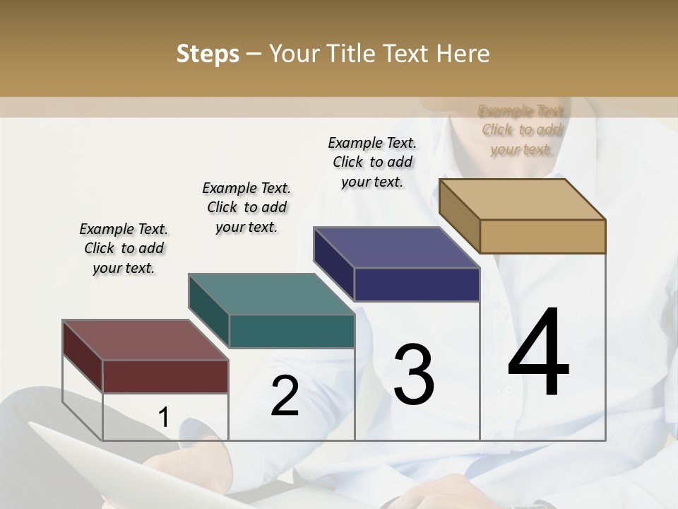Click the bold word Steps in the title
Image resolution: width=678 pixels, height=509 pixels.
(x=208, y=54)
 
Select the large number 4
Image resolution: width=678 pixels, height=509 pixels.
(x=538, y=353)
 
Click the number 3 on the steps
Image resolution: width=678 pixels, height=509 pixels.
(x=414, y=374)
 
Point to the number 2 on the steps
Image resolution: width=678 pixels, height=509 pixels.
(x=285, y=397)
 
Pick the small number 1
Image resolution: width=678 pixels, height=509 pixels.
(x=164, y=418)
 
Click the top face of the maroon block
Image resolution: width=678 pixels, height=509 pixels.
(x=145, y=340)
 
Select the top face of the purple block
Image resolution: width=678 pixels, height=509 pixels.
(x=396, y=247)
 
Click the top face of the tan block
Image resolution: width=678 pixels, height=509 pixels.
(x=522, y=199)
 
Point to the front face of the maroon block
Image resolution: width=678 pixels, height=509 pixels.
(x=165, y=376)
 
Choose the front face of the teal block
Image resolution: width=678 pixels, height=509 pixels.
(x=292, y=331)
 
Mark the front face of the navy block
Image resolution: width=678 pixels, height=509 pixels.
(x=417, y=284)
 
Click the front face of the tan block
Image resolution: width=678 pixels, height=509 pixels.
(x=542, y=236)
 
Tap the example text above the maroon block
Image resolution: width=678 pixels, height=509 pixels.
(x=124, y=248)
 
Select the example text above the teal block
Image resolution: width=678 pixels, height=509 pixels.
(x=246, y=207)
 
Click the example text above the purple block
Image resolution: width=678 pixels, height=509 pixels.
(x=372, y=162)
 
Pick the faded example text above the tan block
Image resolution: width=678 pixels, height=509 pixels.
(x=522, y=129)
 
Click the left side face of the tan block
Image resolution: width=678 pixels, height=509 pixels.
(x=459, y=216)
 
